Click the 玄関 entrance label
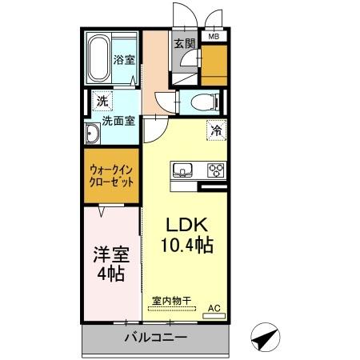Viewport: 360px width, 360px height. (x=183, y=45)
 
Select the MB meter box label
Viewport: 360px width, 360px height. (x=214, y=36)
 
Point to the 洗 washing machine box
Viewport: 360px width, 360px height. (x=101, y=101)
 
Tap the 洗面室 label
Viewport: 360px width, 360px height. (x=117, y=123)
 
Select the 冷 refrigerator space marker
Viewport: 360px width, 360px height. (x=216, y=128)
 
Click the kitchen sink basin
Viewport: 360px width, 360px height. (x=182, y=170)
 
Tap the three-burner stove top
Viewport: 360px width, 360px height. (x=216, y=170)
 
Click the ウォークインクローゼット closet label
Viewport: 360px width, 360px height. (x=111, y=177)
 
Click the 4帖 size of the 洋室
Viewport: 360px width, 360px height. (x=110, y=274)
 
